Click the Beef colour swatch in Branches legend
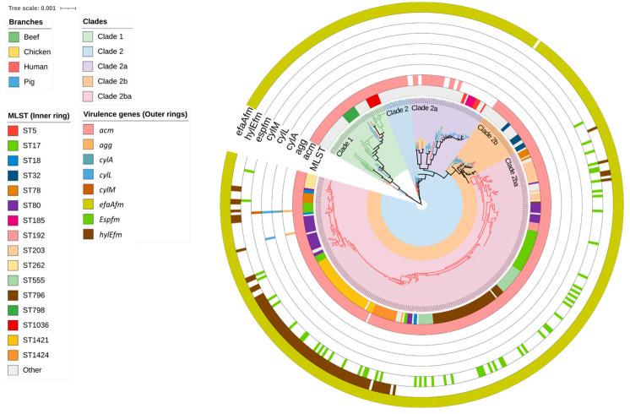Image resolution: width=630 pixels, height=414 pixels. (14, 37)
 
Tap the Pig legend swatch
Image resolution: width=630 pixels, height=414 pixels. (14, 80)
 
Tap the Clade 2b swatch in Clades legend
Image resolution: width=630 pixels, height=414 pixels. (88, 81)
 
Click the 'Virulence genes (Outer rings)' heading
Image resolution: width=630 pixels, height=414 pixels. (133, 114)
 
